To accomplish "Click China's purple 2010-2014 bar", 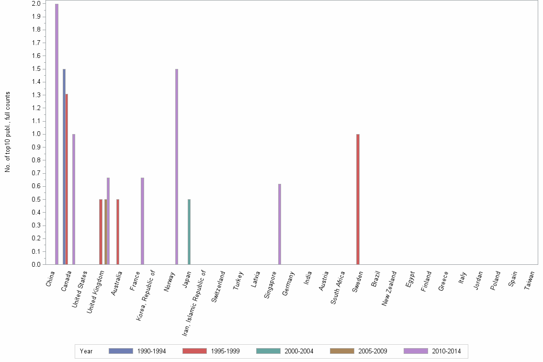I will click(57, 134).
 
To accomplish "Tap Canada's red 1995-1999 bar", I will click(67, 179).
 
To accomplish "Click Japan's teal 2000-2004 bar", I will click(189, 232).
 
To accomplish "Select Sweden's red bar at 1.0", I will click(358, 199).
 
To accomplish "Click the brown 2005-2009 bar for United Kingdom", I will click(106, 232).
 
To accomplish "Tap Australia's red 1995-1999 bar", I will click(118, 232).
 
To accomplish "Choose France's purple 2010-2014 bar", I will click(142, 221).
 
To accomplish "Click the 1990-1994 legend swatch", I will click(121, 351).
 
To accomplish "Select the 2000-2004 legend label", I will click(299, 351).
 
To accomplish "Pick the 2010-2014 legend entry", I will click(446, 351).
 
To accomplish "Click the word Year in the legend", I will click(86, 351).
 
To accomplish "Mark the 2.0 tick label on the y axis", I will click(36, 4).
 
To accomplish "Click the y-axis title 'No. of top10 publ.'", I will click(8, 132).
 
